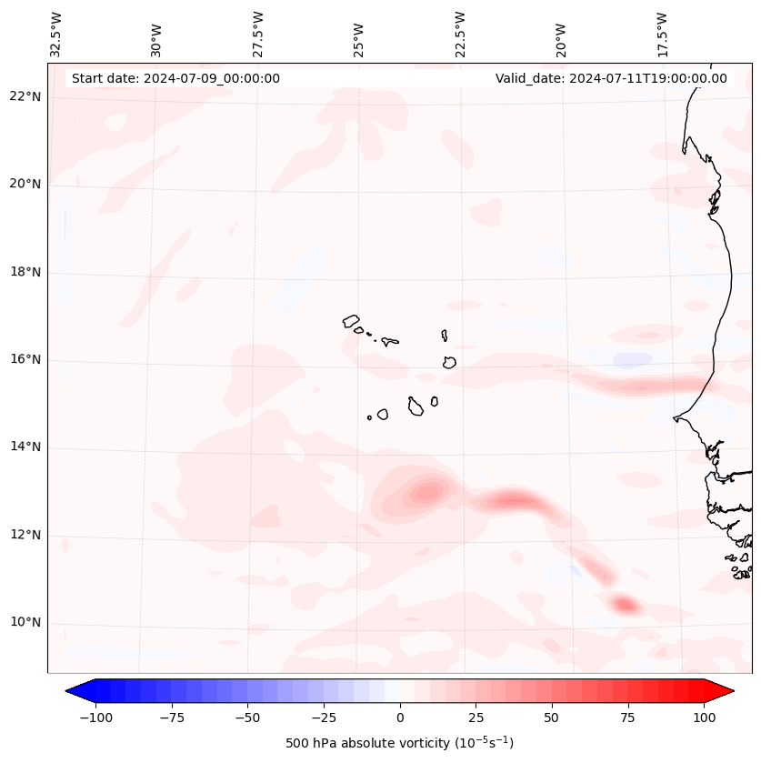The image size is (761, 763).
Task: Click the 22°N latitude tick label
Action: click(25, 96)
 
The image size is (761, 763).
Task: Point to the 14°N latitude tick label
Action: click(25, 447)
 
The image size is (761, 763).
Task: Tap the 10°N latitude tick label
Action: click(25, 622)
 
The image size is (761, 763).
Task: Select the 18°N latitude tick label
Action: click(25, 272)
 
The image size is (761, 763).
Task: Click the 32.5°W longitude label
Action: click(56, 34)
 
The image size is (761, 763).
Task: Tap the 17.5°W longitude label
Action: click(662, 34)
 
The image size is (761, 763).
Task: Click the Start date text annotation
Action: click(175, 78)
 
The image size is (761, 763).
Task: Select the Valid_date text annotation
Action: click(611, 78)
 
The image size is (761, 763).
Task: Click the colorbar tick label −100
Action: click(96, 718)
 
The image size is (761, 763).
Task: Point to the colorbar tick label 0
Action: click(400, 718)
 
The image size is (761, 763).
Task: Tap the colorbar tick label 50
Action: click(552, 718)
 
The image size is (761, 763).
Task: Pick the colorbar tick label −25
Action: click(324, 718)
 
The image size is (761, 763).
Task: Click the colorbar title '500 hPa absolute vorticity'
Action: click(400, 744)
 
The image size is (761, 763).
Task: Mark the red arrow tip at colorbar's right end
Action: click(727, 691)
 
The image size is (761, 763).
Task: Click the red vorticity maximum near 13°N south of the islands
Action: click(425, 493)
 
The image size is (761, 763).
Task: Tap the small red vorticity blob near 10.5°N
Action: click(625, 604)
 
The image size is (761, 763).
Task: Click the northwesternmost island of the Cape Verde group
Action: click(351, 321)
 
